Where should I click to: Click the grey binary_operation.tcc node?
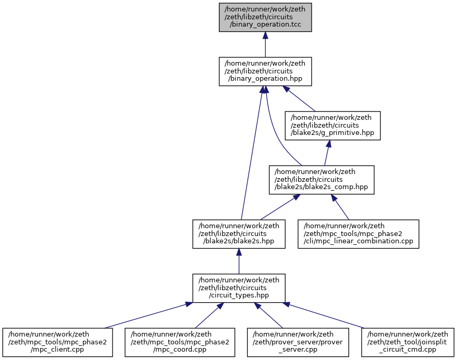tap(265, 17)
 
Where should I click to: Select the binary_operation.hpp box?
tap(265, 71)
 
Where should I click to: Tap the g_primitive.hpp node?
tap(332, 126)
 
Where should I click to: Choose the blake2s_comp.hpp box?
tap(322, 180)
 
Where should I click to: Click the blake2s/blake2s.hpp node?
tap(239, 234)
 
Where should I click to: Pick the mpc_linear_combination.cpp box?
tap(358, 234)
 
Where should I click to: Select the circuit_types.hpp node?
tap(239, 288)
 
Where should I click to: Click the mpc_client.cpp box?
tap(57, 342)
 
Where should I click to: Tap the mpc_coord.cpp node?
tap(180, 342)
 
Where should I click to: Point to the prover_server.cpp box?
tap(298, 342)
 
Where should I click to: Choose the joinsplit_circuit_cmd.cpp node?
tap(407, 342)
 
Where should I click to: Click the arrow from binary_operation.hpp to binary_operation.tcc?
tap(265, 44)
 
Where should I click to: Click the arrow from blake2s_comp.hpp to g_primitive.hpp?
tap(327, 153)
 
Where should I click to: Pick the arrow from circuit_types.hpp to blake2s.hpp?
tap(239, 261)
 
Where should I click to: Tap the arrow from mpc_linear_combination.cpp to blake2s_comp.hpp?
tap(340, 207)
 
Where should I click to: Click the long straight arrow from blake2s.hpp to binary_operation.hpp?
tap(252, 153)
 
